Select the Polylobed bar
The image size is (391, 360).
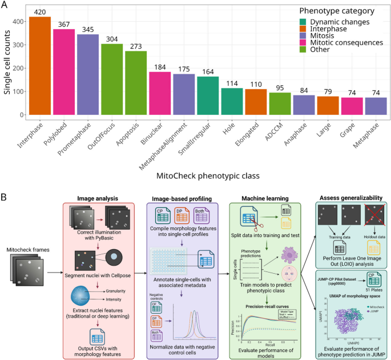(63, 72)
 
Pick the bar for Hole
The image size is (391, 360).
(232, 101)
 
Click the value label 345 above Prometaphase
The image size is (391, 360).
(87, 30)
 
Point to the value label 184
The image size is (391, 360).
(160, 67)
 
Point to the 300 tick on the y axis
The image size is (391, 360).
(18, 45)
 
